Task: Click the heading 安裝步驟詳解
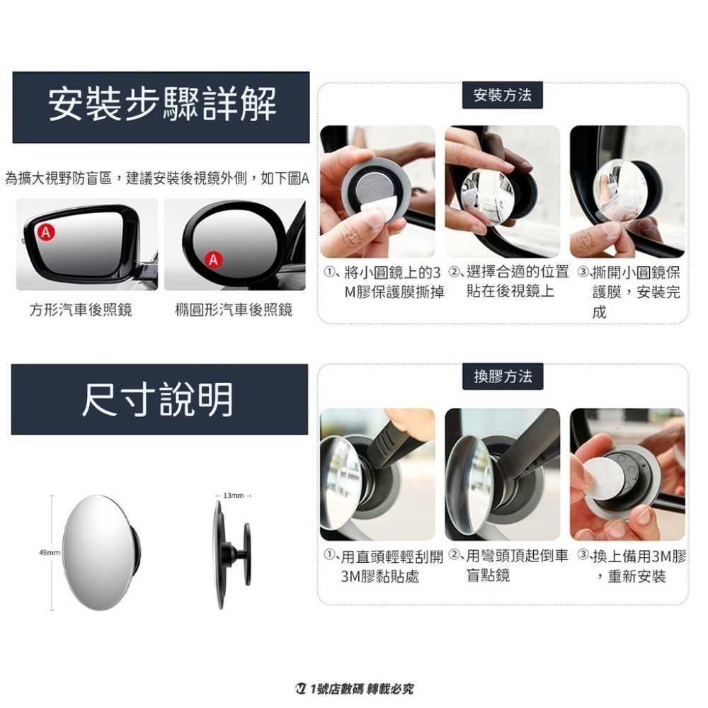pos(161,106)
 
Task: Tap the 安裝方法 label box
pos(503,95)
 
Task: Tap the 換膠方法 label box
pos(503,377)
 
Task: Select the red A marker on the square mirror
pos(45,232)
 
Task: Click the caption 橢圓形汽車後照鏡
pos(233,310)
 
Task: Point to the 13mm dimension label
pos(233,496)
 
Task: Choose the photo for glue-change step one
pos(377,474)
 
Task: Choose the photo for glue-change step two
pos(502,474)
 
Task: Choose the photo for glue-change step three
pos(627,474)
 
